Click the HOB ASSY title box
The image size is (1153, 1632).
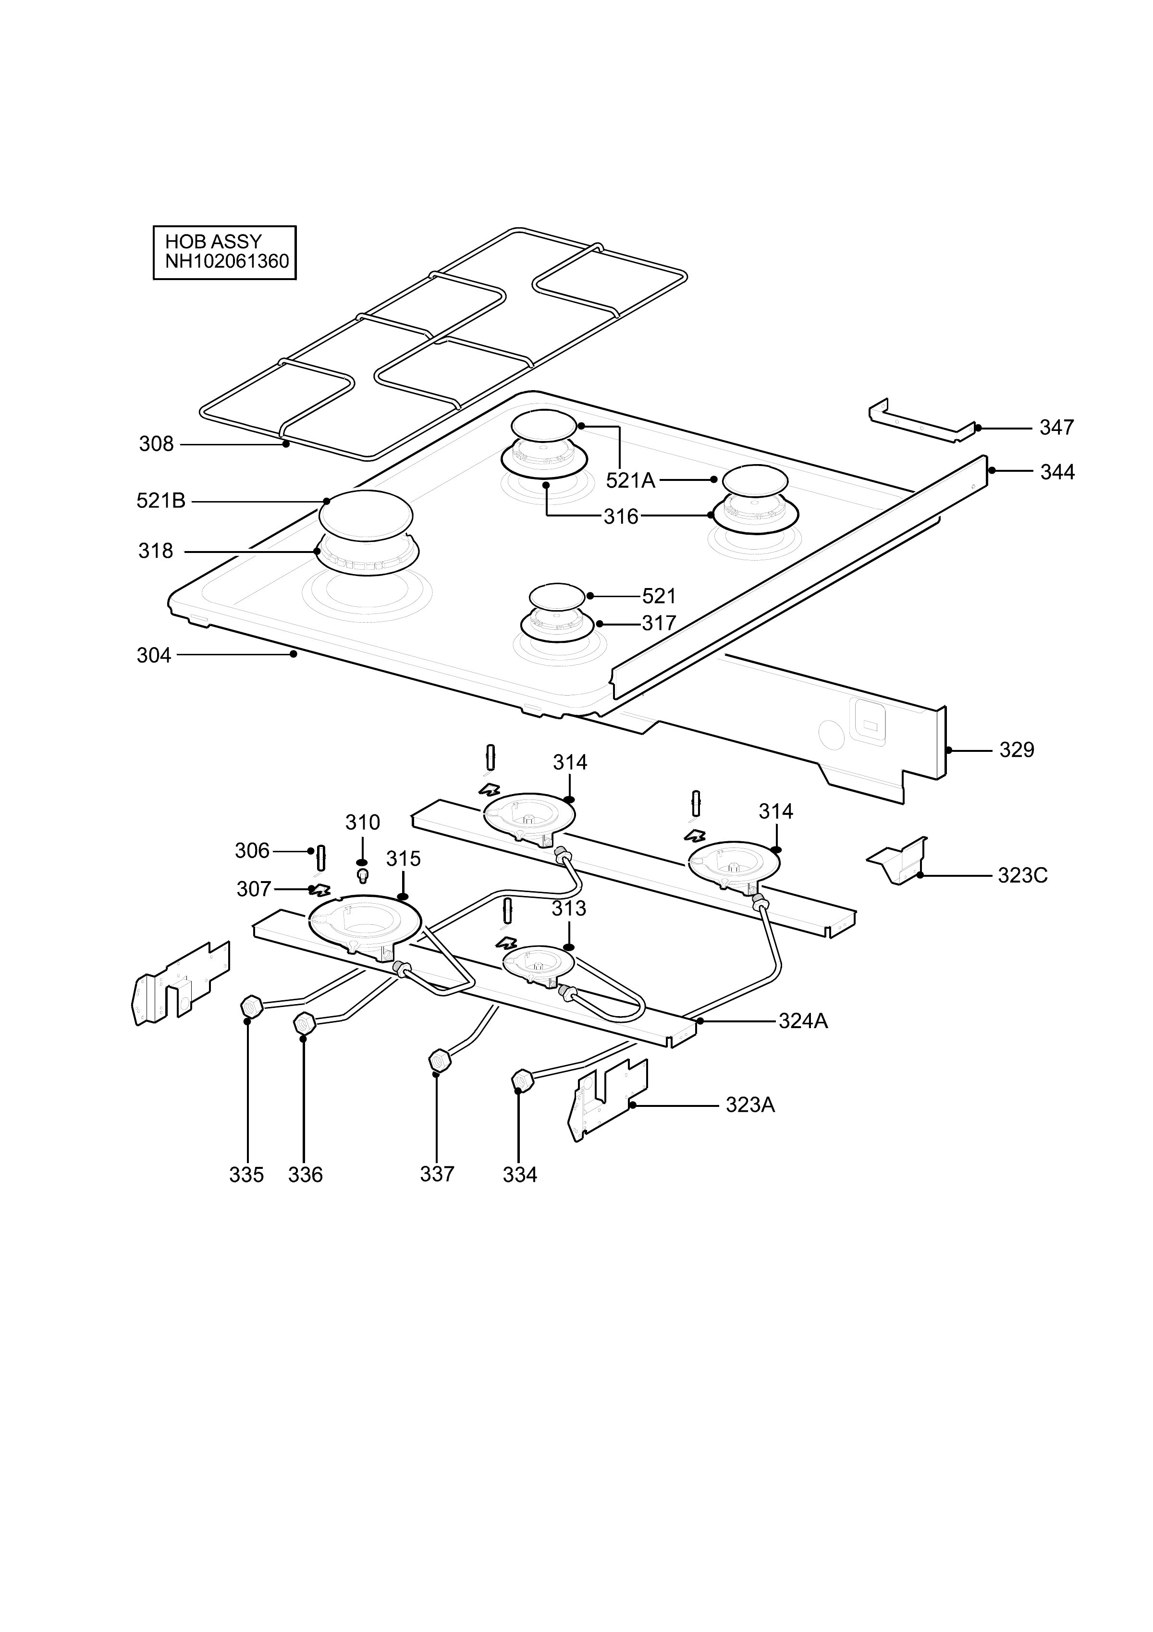pyautogui.click(x=225, y=252)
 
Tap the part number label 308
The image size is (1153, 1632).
pyautogui.click(x=157, y=444)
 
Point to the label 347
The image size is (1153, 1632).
pyautogui.click(x=1057, y=428)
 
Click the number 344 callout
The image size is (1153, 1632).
pyautogui.click(x=1058, y=472)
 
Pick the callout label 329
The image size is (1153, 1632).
pyautogui.click(x=1017, y=750)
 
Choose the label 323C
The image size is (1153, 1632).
pyautogui.click(x=1023, y=876)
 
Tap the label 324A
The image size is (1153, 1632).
pyautogui.click(x=803, y=1021)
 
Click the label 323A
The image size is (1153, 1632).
pyautogui.click(x=751, y=1105)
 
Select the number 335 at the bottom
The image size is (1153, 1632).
pyautogui.click(x=246, y=1176)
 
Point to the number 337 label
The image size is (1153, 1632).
pyautogui.click(x=437, y=1174)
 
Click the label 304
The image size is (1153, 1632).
pyautogui.click(x=154, y=655)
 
